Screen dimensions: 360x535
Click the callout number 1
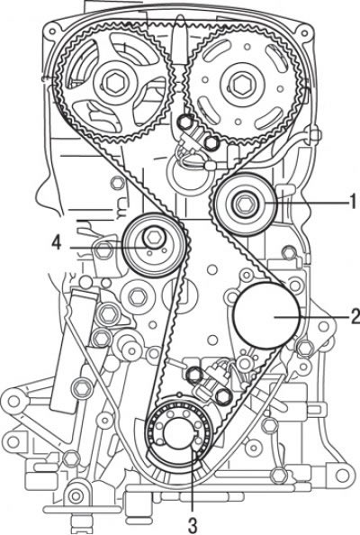click(353, 202)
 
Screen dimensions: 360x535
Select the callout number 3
click(193, 526)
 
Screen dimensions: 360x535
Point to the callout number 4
click(57, 243)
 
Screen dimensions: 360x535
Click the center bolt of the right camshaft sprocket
click(243, 83)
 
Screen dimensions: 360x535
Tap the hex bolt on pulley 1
click(243, 204)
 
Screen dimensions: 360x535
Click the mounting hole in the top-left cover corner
click(51, 32)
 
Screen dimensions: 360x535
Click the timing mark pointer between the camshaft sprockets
click(178, 42)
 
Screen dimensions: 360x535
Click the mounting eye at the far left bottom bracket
click(13, 401)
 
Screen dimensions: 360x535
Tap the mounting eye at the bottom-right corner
click(342, 475)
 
